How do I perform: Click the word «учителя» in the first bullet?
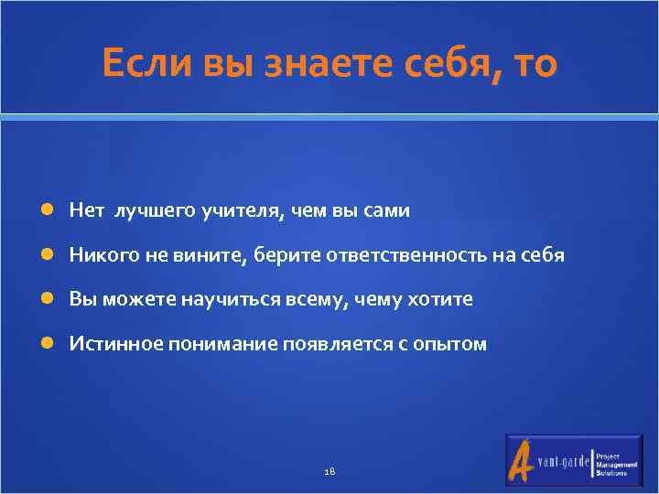tap(243, 211)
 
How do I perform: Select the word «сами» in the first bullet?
tap(390, 211)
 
